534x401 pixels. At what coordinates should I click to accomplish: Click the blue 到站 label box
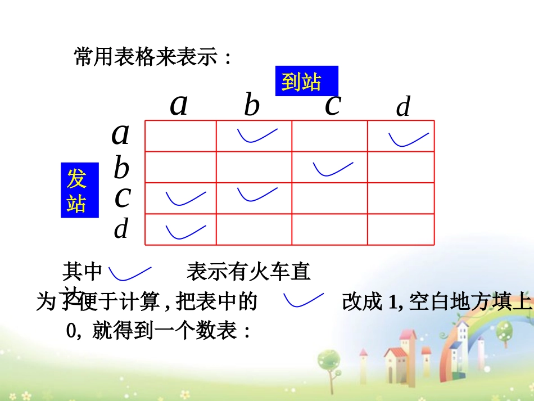[306, 82]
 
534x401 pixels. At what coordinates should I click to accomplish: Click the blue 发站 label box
[79, 190]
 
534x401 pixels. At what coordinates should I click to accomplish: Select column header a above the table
[179, 105]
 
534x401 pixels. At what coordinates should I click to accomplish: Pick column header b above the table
[251, 106]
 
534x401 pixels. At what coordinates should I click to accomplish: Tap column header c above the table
[333, 105]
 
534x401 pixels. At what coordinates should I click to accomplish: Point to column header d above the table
[403, 107]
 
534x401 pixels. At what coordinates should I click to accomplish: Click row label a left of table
[120, 134]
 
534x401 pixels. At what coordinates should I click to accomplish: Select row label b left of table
[121, 168]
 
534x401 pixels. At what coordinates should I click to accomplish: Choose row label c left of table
[122, 197]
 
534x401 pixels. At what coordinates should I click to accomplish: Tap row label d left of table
[121, 229]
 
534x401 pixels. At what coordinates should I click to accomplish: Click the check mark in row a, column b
[257, 136]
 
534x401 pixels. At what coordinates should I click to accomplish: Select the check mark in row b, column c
[333, 168]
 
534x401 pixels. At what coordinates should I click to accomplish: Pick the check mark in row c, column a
[185, 198]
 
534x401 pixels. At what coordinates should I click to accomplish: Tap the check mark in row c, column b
[257, 194]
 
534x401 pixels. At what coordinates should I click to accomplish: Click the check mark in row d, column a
[185, 231]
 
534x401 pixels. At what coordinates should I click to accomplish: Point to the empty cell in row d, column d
[401, 229]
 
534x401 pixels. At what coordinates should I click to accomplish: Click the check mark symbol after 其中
[130, 273]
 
